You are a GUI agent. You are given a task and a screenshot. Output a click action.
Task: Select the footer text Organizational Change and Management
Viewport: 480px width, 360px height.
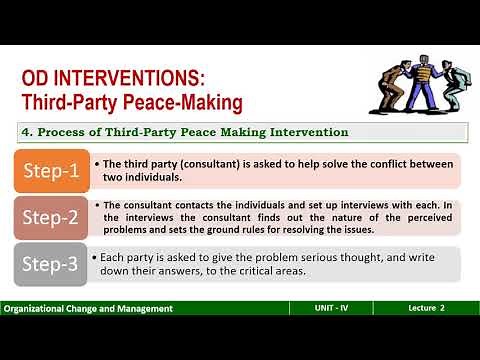tap(87, 309)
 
